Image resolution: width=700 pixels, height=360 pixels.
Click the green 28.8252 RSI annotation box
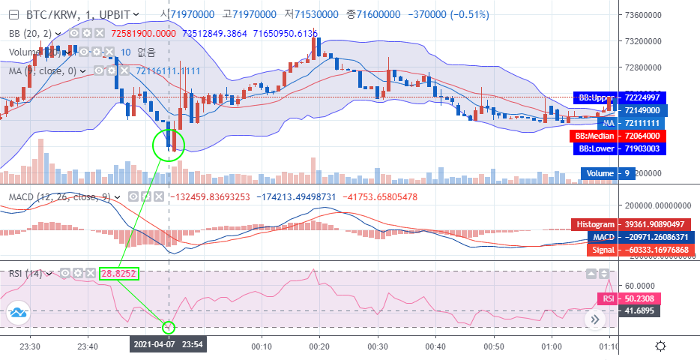tap(119, 275)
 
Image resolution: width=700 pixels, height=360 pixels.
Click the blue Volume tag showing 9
tap(608, 174)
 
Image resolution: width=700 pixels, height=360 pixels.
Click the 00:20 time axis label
tap(319, 346)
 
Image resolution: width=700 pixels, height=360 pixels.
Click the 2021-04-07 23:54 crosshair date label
tap(168, 345)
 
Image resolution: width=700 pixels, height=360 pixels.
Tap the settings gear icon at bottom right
tap(660, 346)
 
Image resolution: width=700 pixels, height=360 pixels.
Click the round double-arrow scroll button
tap(596, 319)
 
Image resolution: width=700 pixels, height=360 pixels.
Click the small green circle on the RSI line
tap(168, 327)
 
